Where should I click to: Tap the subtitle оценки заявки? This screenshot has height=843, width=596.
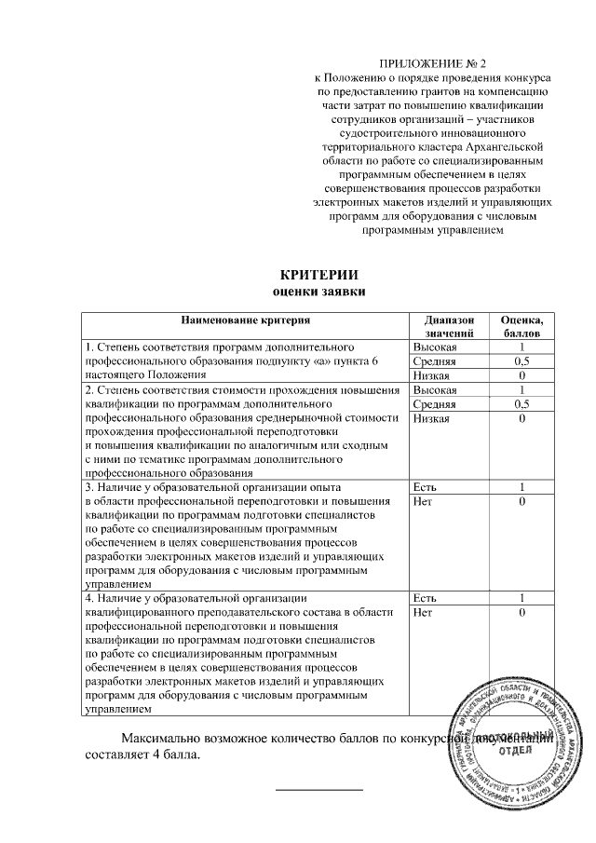pos(318,291)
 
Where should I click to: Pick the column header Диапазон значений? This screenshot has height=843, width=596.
pos(450,326)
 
